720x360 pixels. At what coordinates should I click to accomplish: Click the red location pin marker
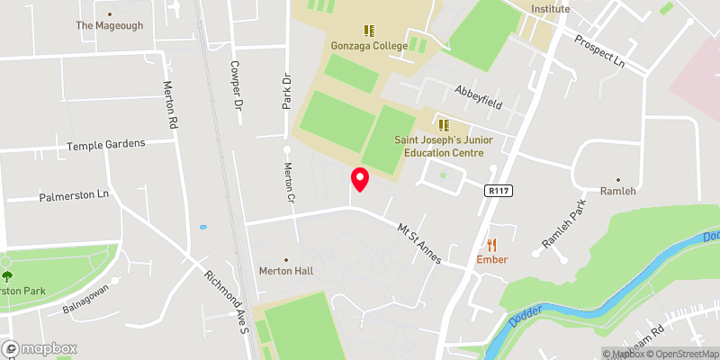pos(360,178)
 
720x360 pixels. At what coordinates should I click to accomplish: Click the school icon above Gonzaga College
pos(368,31)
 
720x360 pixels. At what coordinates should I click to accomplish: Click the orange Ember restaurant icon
pos(491,244)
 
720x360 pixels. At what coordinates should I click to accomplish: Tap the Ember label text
pos(492,259)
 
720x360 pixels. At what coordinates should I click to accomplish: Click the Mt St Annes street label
pos(420,243)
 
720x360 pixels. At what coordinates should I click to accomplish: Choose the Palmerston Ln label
pos(73,195)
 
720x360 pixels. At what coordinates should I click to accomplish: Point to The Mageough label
pos(109,25)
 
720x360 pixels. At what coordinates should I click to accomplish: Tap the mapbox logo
pos(40,348)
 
